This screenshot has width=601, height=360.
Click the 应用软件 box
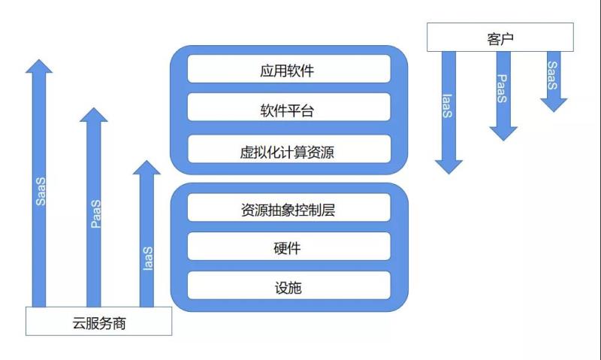(289, 71)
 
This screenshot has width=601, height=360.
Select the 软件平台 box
(289, 112)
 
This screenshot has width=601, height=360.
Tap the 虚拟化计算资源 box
(289, 153)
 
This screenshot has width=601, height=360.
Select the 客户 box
(500, 38)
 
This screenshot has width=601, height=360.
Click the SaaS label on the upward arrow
(41, 192)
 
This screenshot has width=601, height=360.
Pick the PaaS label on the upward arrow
(95, 214)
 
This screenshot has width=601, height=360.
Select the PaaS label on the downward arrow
(503, 89)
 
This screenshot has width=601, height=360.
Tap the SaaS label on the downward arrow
(553, 74)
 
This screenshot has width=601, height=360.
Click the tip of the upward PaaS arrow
(94, 109)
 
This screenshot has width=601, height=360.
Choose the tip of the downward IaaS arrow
(448, 173)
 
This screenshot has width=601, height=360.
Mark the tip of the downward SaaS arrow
(554, 110)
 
